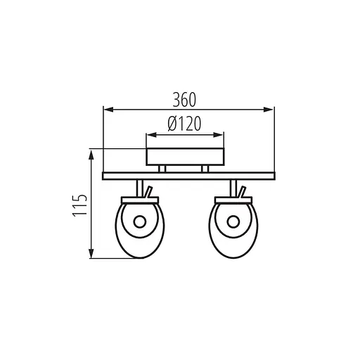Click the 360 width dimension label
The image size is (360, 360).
click(184, 100)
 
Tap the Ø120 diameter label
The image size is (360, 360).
click(184, 124)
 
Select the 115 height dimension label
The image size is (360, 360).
click(80, 205)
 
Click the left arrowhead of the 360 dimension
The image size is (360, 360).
click(109, 110)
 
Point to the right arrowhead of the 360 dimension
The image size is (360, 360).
click(269, 110)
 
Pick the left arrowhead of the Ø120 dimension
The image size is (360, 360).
click(151, 135)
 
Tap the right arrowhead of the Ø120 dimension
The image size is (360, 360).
click(219, 135)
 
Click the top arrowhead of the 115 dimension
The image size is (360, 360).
click(91, 155)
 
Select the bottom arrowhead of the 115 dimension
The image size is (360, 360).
click(91, 253)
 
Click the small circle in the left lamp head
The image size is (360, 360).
click(140, 221)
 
